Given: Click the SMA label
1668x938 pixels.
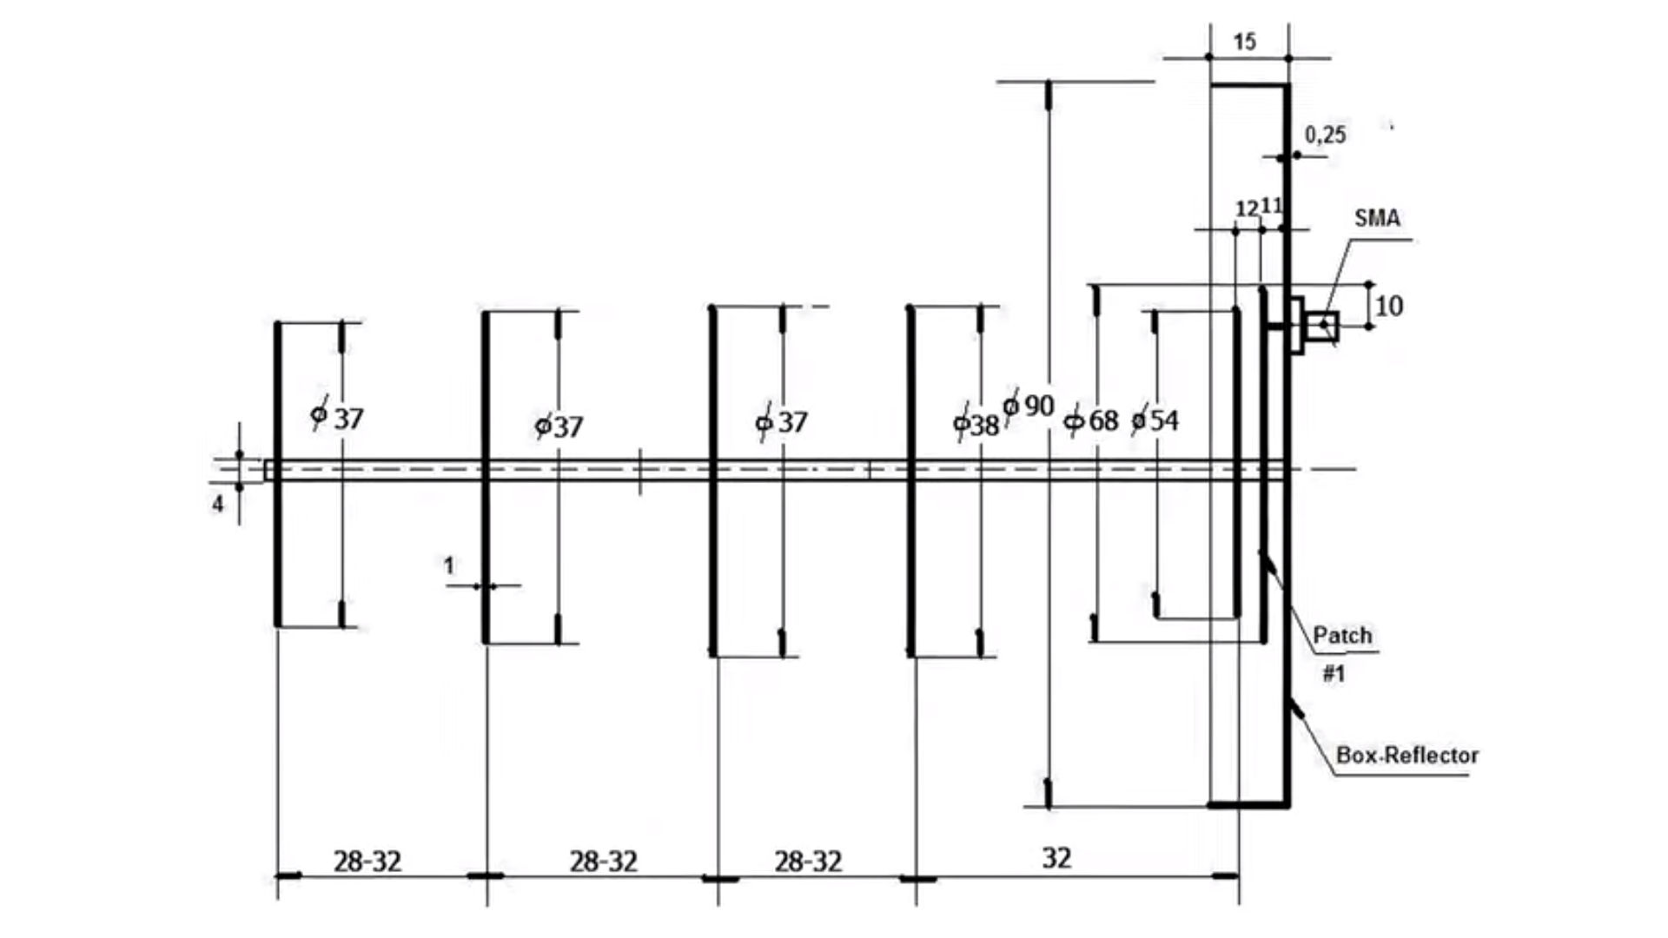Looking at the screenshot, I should [1377, 218].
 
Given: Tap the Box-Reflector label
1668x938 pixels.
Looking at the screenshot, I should [1407, 756].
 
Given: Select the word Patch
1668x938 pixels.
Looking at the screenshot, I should [1342, 636].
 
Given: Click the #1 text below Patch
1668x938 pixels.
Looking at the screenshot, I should [1334, 673].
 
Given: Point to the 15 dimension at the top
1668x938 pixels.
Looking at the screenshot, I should [1244, 42].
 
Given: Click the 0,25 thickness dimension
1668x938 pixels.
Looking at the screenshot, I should [1325, 135].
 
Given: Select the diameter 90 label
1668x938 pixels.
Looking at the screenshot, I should [1029, 406].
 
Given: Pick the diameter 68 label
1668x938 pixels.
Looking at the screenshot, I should [1093, 421].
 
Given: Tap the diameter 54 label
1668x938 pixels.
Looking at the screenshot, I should [1155, 421].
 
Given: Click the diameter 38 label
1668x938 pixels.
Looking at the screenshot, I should [976, 426].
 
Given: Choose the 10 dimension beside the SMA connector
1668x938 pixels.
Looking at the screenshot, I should [1389, 306].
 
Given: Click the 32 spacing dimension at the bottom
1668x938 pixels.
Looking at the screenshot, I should [1056, 858].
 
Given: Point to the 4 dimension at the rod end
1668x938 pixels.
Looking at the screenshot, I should [218, 504].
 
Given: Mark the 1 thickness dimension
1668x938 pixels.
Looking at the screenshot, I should [448, 566].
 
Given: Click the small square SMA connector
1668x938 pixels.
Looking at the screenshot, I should [1323, 326].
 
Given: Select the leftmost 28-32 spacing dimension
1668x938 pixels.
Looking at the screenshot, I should [367, 862].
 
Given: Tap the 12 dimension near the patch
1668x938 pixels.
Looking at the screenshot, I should [1247, 208].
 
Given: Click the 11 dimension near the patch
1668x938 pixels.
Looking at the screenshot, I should [1271, 206].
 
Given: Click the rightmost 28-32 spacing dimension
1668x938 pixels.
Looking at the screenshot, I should [808, 862].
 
